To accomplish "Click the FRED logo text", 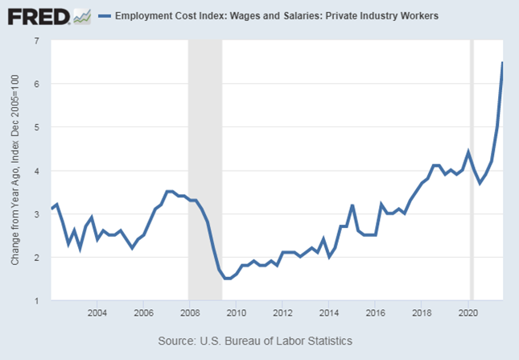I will coord(35,15).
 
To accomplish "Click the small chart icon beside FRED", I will coord(82,15).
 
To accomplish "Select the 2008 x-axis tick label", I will coord(189,312).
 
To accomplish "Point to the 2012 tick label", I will coord(282,312).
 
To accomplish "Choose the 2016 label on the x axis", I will coord(376,312).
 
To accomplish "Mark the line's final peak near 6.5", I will coord(503,63).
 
